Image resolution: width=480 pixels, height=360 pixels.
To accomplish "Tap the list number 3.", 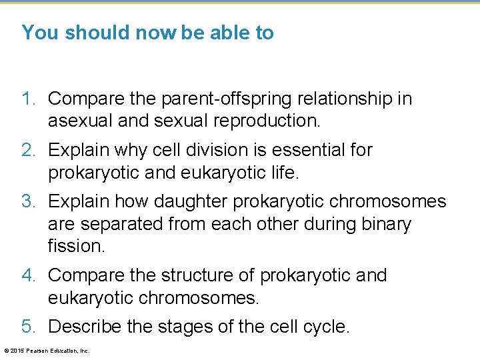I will pyautogui.click(x=28, y=201).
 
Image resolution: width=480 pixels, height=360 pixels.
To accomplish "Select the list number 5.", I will pyautogui.click(x=28, y=326).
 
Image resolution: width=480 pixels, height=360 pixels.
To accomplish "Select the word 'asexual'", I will pyautogui.click(x=81, y=121).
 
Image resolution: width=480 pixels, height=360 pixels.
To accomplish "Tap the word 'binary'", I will pyautogui.click(x=382, y=223).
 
